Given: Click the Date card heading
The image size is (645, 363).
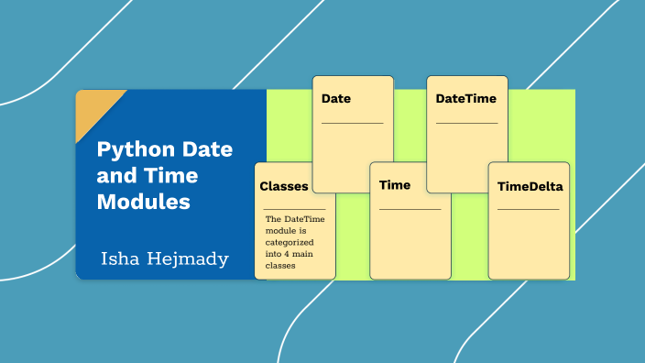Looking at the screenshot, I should point(336,98).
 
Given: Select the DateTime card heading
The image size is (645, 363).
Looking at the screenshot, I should point(466,97).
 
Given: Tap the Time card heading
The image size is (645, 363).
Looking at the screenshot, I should point(395,185).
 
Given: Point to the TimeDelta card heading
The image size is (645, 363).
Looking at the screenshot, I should point(530,187).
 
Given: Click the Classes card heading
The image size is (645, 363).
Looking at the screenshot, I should point(284,186).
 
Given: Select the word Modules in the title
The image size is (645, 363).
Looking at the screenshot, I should point(144,202).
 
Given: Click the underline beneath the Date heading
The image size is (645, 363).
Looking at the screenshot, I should point(353,123).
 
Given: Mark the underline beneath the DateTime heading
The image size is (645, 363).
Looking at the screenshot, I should point(466,123).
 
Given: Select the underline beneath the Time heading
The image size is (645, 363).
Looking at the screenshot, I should point(410,210).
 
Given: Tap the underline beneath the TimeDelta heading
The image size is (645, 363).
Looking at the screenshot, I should point(528,210).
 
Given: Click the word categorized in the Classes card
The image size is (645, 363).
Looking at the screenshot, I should point(290,242).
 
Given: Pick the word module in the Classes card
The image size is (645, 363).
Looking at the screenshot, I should point(279,231).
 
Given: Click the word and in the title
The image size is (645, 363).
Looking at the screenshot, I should point(115,176).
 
